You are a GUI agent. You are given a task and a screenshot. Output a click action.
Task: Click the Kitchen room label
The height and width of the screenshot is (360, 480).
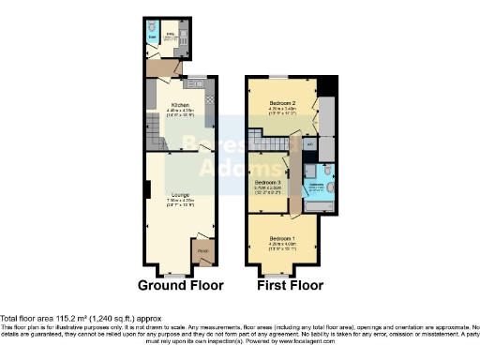(180, 105)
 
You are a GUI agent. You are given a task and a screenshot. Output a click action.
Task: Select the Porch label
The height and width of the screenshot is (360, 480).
(202, 251)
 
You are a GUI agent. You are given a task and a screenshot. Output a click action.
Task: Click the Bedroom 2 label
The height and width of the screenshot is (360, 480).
(282, 101)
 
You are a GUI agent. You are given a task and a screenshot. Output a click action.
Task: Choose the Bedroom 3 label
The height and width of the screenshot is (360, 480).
(268, 182)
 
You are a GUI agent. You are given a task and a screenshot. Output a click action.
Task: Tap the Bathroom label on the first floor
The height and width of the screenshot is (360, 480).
(317, 185)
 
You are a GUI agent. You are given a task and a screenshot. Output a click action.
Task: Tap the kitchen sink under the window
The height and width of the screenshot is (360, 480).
(193, 83)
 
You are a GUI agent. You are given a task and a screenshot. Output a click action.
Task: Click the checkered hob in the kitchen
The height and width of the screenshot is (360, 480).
(209, 97)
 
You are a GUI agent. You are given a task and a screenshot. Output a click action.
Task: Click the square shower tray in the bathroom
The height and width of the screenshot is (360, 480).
(322, 172)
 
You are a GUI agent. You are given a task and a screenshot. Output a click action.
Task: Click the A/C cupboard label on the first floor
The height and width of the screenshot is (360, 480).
(310, 144)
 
